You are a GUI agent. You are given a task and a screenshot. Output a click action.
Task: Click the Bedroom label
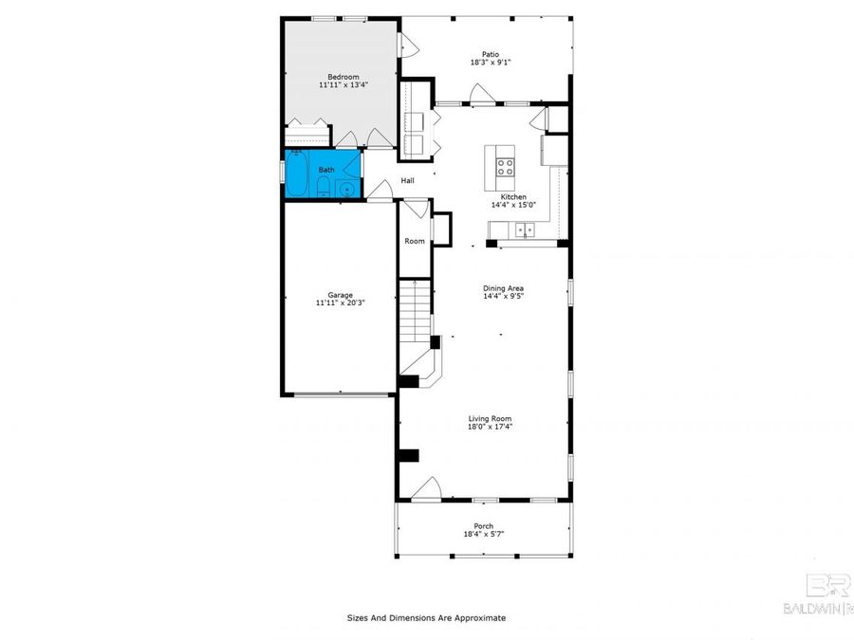(x=343, y=76)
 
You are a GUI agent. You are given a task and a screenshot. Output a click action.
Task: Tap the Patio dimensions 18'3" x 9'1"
(x=491, y=63)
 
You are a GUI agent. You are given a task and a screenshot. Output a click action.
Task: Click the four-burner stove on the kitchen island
(x=506, y=169)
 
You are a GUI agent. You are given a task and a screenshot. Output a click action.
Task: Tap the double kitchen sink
(x=523, y=229)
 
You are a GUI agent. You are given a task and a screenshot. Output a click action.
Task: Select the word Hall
(x=408, y=180)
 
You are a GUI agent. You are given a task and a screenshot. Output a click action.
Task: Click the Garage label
(x=340, y=294)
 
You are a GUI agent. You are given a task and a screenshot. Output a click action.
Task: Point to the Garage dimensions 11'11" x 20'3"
(x=340, y=303)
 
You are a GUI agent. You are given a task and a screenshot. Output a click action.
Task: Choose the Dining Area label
(x=503, y=288)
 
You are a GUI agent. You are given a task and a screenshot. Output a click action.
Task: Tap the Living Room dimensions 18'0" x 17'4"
(x=490, y=427)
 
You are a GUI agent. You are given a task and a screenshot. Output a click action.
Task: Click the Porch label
(x=484, y=526)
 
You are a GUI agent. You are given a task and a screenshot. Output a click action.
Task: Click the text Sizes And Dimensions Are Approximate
(x=426, y=618)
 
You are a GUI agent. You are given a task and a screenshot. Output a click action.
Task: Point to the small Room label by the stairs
(x=415, y=241)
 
